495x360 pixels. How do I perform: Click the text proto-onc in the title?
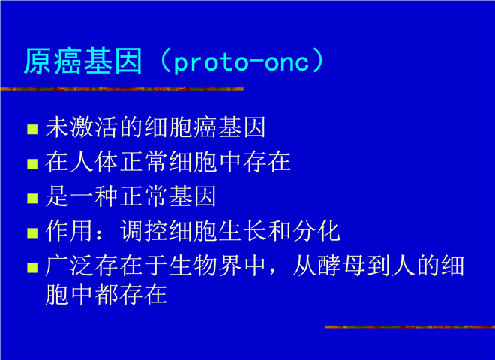click(x=241, y=62)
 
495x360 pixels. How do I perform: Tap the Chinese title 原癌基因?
click(x=83, y=61)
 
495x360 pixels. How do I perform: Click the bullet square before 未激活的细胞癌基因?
click(x=32, y=129)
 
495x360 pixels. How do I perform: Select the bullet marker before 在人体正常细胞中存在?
click(x=32, y=163)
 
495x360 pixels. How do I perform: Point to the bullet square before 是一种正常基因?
click(x=32, y=198)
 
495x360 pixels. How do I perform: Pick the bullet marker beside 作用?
click(x=32, y=232)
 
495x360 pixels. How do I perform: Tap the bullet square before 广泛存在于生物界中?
click(x=32, y=267)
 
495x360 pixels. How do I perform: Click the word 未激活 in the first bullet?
click(x=82, y=127)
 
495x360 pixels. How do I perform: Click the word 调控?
click(x=144, y=231)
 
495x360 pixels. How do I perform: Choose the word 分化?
click(x=316, y=231)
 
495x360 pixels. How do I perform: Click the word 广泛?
click(x=69, y=265)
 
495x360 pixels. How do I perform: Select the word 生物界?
click(x=205, y=265)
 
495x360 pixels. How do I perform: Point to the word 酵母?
click(x=341, y=265)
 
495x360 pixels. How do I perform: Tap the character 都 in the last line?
click(x=106, y=294)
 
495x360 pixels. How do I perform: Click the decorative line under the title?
click(x=121, y=88)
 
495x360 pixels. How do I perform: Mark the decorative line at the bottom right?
click(x=409, y=326)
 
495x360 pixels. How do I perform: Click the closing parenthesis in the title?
click(x=317, y=61)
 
